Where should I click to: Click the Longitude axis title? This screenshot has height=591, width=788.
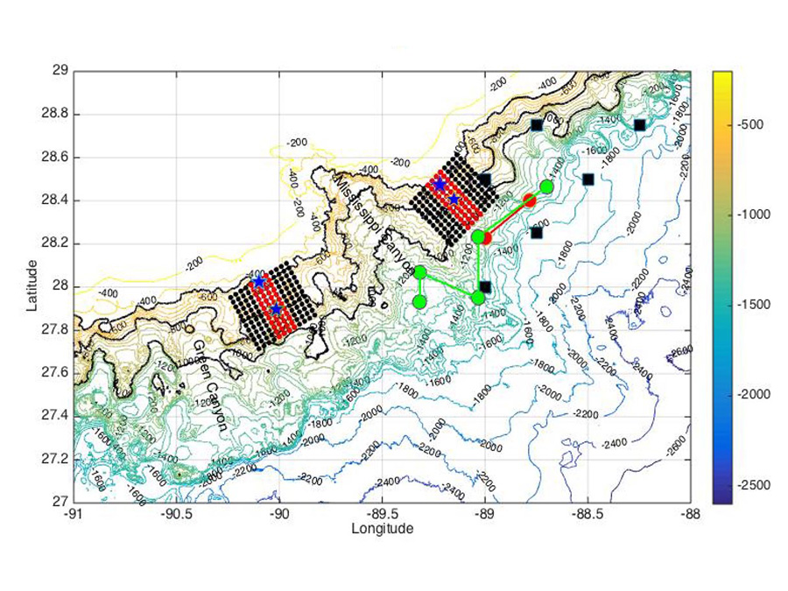pos(382,529)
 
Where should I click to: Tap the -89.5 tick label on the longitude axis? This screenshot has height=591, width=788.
pos(382,515)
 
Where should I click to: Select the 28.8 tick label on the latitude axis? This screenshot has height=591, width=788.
pos(54,115)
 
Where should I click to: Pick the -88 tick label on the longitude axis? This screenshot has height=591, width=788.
pos(690,515)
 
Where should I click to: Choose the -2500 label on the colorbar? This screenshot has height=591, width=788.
pos(755,485)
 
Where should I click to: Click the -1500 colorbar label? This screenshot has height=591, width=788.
pos(755,305)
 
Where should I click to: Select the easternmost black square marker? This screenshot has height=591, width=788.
pos(640,124)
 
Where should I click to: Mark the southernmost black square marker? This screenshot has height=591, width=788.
pos(485,286)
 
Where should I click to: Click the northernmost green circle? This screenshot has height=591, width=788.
pos(547,186)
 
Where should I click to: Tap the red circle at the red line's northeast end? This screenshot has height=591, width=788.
pos(530,201)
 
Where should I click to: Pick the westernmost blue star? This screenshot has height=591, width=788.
pos(259,282)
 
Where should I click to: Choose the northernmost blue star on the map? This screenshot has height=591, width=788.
pos(440,184)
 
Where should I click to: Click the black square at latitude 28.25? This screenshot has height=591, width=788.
pos(537,232)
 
